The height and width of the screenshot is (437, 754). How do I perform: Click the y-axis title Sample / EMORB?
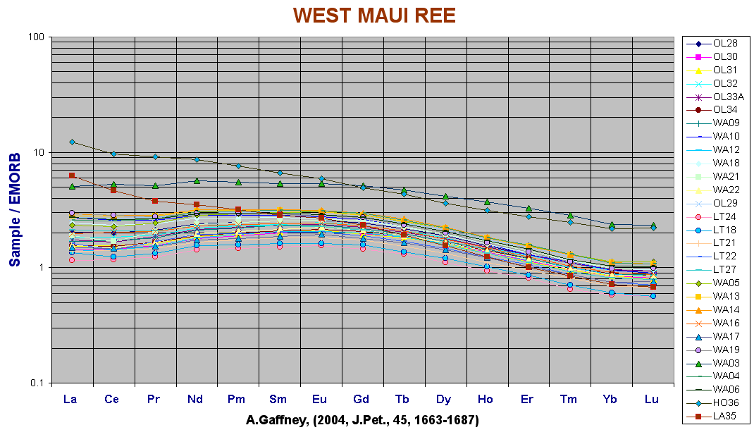click(15, 209)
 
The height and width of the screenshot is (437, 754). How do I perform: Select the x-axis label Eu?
click(321, 400)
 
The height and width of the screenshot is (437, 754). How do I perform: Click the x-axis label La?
click(70, 400)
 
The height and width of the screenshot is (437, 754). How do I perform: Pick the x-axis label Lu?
click(652, 400)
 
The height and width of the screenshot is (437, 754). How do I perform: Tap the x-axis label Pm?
click(237, 400)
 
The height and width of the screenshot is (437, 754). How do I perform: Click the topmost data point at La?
click(72, 142)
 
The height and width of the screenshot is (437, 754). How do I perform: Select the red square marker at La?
click(72, 175)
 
